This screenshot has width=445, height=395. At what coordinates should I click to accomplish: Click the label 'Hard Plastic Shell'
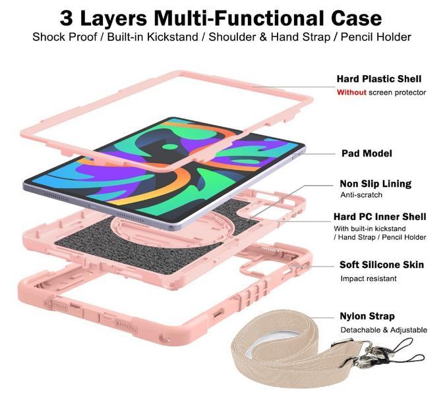click(x=379, y=79)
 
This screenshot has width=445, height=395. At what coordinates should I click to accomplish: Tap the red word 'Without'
click(x=351, y=92)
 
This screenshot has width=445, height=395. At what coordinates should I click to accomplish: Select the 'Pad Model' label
click(x=367, y=153)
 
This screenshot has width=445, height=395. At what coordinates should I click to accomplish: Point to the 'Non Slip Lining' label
click(x=376, y=184)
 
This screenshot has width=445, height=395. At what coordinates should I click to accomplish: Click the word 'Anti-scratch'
click(x=361, y=195)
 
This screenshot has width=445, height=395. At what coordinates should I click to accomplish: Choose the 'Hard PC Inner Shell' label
click(x=380, y=217)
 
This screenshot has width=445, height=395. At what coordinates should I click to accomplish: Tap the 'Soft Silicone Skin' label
click(x=382, y=265)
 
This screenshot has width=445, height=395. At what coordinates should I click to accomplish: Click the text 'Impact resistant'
click(x=369, y=278)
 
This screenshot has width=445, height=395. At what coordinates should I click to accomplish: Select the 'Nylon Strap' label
click(x=367, y=316)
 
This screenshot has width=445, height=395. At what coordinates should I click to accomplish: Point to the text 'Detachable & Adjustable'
click(x=384, y=330)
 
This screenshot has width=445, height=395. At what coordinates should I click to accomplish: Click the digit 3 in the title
click(x=66, y=18)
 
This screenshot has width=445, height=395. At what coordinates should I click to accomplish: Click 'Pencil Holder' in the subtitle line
click(x=376, y=37)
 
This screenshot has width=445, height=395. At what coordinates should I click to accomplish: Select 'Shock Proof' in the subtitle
click(x=65, y=37)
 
